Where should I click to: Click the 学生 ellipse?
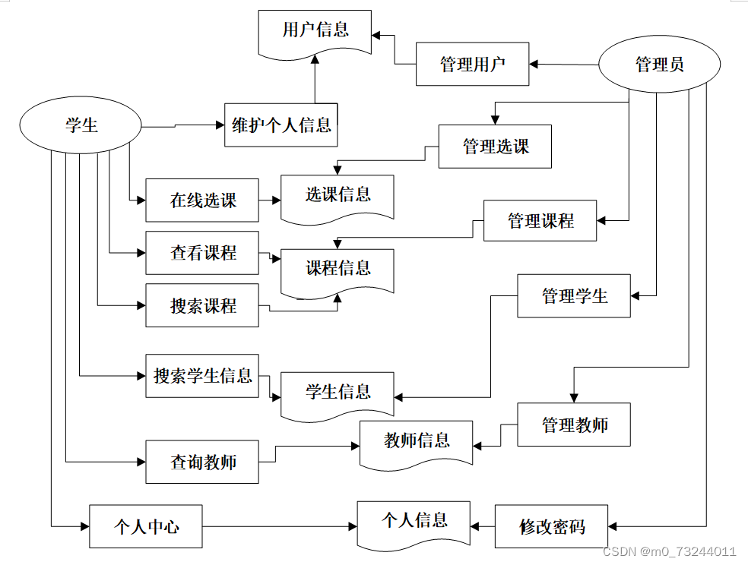(81, 125)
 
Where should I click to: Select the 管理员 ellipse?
(659, 64)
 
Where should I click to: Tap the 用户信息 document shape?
(315, 33)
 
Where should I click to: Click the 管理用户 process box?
(472, 64)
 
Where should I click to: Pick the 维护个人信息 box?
(281, 125)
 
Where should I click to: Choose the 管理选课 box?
(495, 147)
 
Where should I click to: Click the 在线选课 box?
(202, 200)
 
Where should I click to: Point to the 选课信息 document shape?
(338, 197)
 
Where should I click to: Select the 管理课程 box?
(540, 220)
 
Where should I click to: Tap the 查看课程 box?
(202, 253)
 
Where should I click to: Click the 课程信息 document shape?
(338, 272)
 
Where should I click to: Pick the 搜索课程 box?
(202, 305)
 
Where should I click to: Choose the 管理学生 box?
(574, 296)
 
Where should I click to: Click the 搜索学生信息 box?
(202, 376)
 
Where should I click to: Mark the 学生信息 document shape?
(338, 396)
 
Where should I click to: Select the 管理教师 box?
(574, 425)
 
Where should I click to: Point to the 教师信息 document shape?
(416, 444)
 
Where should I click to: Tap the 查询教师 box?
(202, 462)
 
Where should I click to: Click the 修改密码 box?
(551, 526)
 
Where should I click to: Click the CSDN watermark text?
(669, 551)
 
